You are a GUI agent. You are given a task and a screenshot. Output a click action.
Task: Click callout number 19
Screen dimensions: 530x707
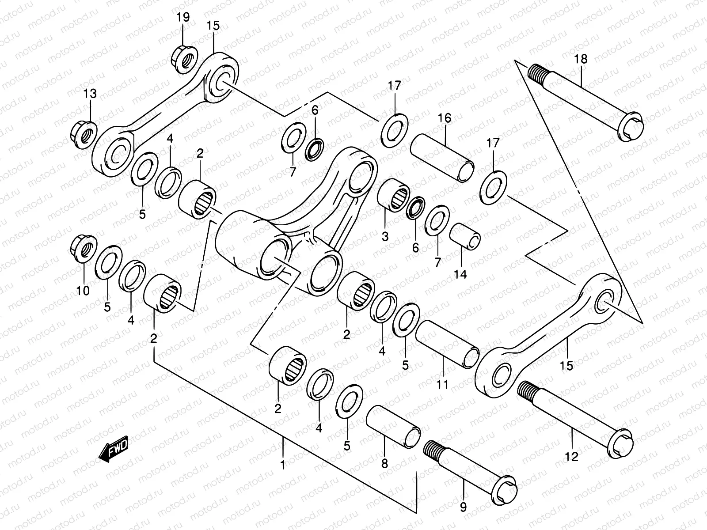point(183,18)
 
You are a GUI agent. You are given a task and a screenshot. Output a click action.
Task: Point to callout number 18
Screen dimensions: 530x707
point(581,59)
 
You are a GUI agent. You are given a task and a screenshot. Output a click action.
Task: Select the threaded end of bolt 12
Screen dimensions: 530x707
point(528,391)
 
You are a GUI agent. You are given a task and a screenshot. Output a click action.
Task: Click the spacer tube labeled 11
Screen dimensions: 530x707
point(447,345)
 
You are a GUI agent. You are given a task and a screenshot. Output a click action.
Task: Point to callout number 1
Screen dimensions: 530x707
point(283,465)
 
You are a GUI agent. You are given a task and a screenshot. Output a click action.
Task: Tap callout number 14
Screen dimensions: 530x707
point(460,274)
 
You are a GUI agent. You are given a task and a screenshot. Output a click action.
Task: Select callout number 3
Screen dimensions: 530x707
point(385,236)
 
